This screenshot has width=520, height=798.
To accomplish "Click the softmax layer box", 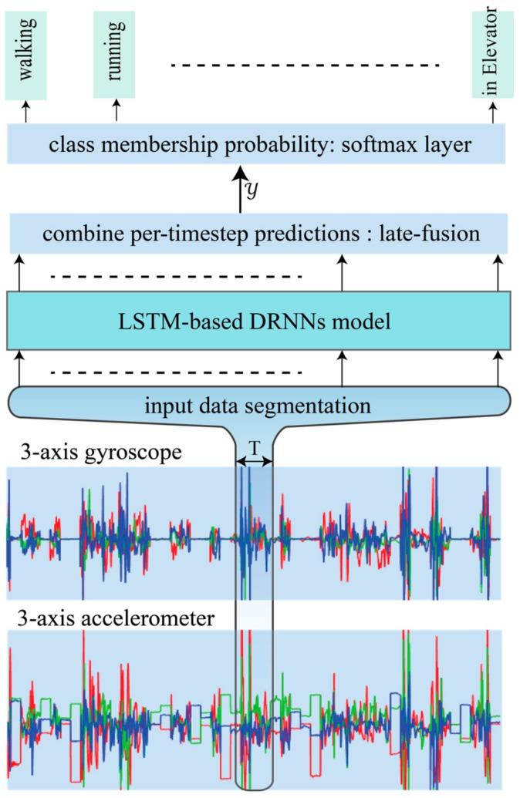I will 256,144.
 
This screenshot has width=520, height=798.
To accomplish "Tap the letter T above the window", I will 254,447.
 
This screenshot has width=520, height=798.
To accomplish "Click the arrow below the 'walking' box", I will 25,112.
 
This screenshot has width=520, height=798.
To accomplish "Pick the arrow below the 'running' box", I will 116,112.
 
